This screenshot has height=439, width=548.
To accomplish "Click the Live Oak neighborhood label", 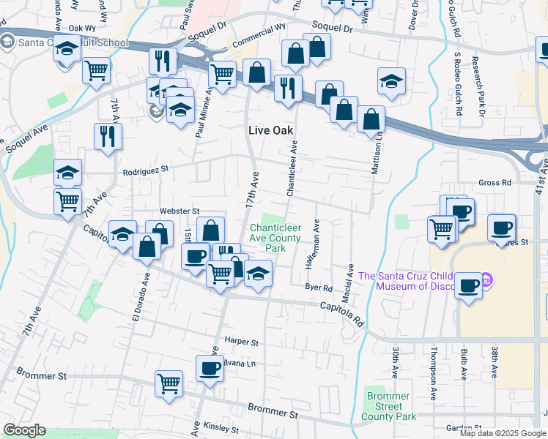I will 270,130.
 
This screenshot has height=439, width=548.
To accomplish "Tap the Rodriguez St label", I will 146,168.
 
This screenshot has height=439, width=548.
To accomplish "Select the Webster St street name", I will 179,211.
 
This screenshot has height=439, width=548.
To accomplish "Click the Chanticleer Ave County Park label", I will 274,238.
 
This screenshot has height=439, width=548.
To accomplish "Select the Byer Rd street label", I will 319,288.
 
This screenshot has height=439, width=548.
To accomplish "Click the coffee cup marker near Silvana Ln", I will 210,368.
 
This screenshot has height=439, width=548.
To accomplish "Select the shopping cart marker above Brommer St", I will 169,383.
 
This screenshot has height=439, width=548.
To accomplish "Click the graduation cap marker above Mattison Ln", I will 392,80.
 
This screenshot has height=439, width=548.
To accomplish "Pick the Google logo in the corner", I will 24,430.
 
